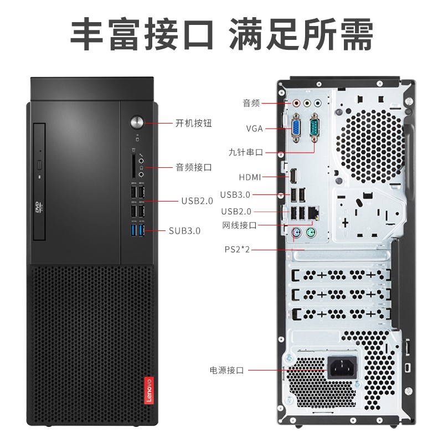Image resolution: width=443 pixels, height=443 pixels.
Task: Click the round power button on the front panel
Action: [137, 122]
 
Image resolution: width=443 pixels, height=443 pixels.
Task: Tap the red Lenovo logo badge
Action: [149, 390]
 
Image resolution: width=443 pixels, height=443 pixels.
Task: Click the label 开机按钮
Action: [193, 123]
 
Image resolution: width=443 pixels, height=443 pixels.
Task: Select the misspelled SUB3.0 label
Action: [184, 231]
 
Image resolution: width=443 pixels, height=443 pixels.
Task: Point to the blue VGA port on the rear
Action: [296, 127]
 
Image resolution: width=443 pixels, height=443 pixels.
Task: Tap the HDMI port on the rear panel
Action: [293, 176]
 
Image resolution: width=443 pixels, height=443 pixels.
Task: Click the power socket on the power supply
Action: [342, 367]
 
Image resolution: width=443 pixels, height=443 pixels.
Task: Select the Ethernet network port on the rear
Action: [313, 212]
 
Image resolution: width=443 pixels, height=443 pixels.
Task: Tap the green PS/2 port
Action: [311, 233]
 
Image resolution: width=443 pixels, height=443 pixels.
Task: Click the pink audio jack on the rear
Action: [296, 103]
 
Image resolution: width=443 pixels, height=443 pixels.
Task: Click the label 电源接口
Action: [226, 370]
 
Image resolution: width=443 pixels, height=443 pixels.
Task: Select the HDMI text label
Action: [250, 177]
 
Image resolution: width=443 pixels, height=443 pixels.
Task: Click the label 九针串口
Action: [246, 152]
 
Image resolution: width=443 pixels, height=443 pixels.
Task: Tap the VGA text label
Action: [255, 128]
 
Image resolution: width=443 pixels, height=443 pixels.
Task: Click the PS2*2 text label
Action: [238, 250]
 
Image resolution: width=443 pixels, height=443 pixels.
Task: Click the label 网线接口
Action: [239, 225]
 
